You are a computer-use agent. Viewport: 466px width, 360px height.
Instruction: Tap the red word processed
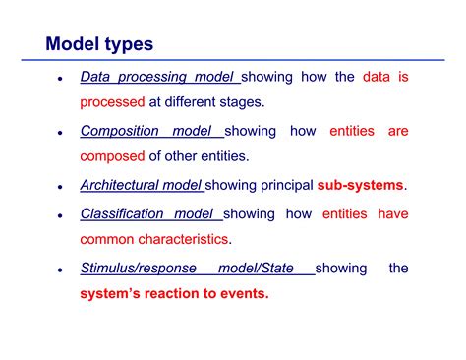click(112, 101)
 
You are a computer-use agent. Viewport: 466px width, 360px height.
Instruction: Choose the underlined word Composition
click(121, 131)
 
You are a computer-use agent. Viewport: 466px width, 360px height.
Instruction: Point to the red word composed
click(112, 156)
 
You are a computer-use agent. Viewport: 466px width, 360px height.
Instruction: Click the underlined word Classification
click(122, 212)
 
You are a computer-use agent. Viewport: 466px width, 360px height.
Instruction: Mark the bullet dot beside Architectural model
click(60, 187)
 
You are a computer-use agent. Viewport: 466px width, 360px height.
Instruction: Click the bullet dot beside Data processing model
click(60, 78)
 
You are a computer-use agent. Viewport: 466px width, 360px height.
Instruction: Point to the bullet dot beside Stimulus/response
click(60, 270)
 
